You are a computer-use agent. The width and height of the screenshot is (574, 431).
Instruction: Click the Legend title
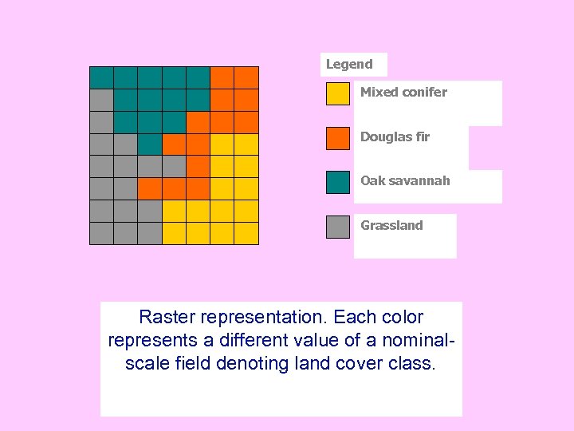[349, 65]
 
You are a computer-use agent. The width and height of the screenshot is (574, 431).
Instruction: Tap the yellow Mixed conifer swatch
[338, 94]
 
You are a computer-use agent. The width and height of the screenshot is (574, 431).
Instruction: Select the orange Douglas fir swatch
[338, 138]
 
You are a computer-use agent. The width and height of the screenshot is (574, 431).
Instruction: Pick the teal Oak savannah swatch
[338, 182]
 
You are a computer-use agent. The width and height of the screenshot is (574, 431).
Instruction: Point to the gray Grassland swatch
[338, 227]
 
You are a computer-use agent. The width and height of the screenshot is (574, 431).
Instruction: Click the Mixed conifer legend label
[403, 92]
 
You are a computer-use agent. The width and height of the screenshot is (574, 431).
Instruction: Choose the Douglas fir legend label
[395, 136]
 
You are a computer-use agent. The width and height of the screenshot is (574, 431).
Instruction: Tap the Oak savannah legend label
[405, 180]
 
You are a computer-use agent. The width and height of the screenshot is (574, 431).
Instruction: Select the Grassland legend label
[391, 225]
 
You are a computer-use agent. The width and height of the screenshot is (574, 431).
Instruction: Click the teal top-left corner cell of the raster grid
[101, 77]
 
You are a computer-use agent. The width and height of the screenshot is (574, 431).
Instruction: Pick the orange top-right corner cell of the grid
[246, 77]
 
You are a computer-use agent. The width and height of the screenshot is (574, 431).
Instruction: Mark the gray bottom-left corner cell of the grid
[101, 233]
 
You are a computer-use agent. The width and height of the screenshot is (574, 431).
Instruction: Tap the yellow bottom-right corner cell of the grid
[246, 233]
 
